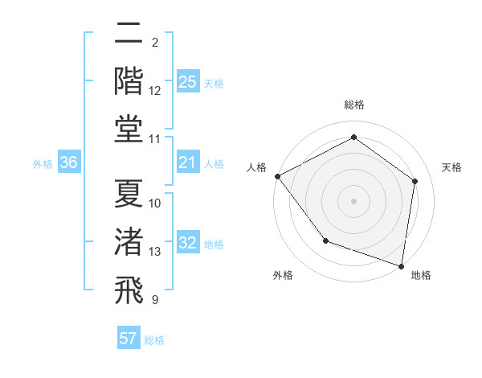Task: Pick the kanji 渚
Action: (129, 242)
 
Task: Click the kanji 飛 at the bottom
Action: (129, 290)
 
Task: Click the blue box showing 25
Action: (187, 82)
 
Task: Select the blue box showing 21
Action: (187, 162)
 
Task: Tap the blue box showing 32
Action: (187, 243)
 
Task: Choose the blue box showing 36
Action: (68, 162)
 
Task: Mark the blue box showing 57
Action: (129, 339)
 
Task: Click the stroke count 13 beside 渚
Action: (155, 252)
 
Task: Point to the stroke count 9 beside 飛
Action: (154, 300)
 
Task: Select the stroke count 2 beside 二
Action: (154, 42)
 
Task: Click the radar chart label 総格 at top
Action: (353, 105)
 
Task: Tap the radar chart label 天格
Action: (451, 167)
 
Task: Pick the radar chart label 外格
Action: (283, 275)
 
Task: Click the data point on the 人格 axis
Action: (277, 176)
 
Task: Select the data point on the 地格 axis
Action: (401, 265)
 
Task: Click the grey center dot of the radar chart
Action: (353, 200)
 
